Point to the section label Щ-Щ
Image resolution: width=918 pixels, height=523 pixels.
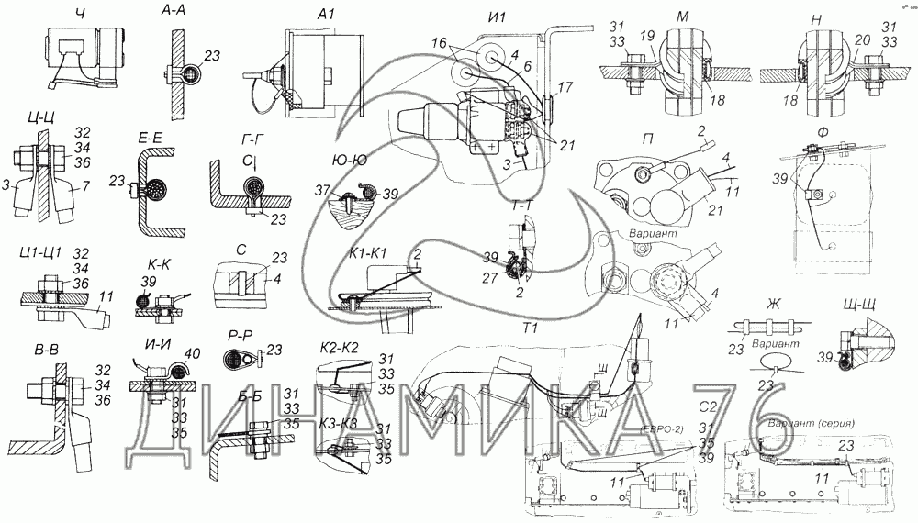pos(856,306)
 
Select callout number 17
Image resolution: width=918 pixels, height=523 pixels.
pos(565,88)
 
